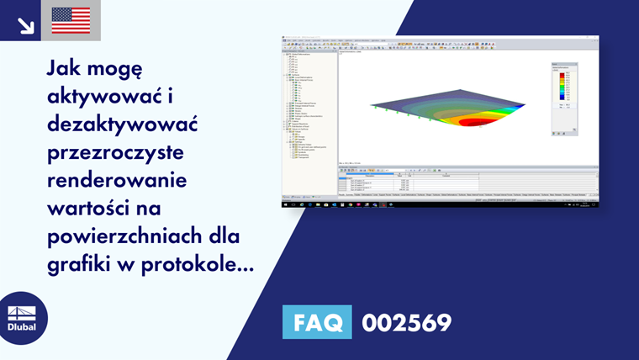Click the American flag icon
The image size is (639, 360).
(x=71, y=20)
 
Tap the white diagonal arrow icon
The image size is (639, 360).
(x=25, y=23)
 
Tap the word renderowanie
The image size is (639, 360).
(x=117, y=184)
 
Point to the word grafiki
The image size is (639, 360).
(x=80, y=267)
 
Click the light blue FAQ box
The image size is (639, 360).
(x=316, y=322)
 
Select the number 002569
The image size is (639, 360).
(x=406, y=323)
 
